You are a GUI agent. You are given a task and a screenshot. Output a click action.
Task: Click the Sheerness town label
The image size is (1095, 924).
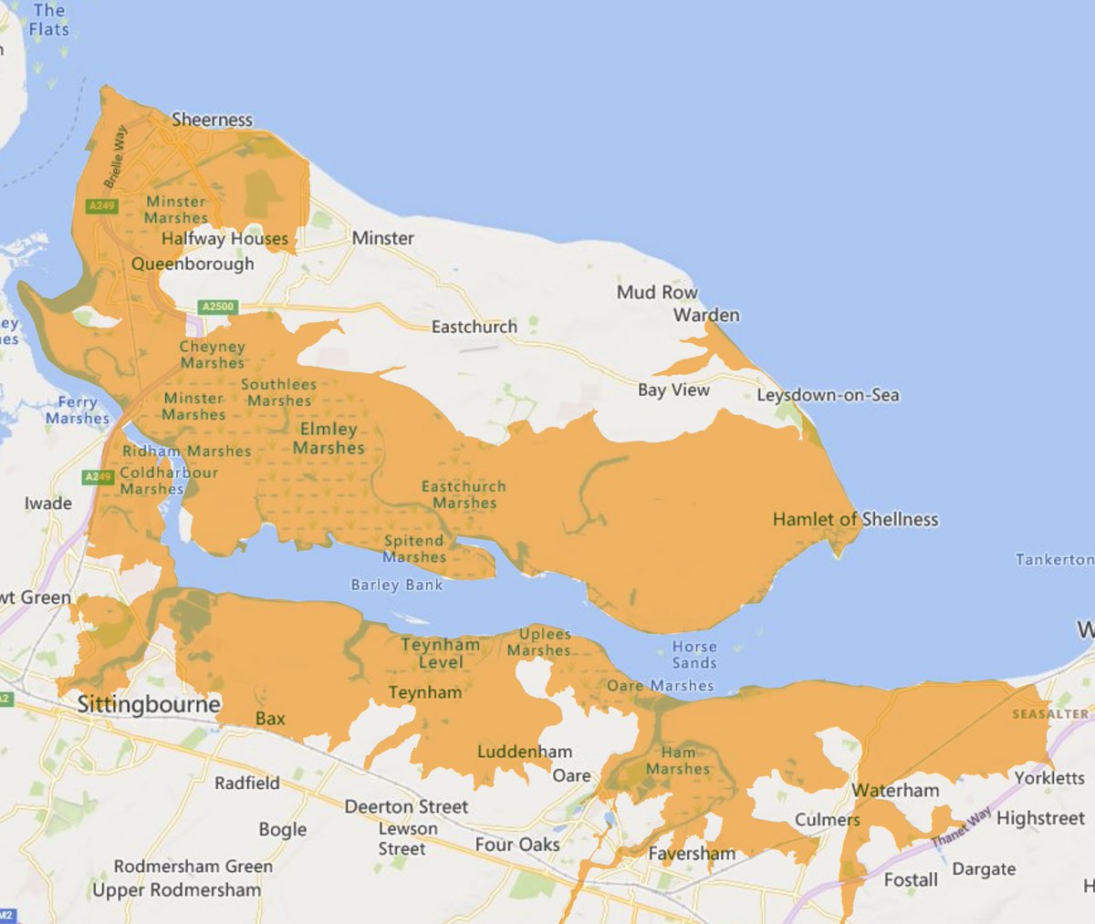(212, 119)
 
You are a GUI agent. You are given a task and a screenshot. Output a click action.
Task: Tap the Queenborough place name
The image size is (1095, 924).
(193, 264)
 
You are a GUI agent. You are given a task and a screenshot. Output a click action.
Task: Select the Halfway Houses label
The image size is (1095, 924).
(224, 239)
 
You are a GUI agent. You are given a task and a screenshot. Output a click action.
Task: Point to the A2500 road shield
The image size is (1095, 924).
(218, 306)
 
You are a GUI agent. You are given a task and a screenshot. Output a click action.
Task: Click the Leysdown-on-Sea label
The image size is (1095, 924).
(828, 395)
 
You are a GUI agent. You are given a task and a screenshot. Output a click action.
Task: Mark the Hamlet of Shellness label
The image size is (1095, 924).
(855, 519)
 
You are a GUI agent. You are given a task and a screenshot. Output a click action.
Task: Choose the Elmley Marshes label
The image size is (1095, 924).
(328, 439)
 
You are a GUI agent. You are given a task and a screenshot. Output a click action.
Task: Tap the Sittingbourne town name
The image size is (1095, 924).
(149, 704)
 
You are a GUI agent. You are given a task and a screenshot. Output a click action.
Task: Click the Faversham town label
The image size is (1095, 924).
(692, 854)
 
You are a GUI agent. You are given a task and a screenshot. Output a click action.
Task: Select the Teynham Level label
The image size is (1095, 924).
(440, 653)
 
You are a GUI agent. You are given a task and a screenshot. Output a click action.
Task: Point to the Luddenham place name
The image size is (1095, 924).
(525, 752)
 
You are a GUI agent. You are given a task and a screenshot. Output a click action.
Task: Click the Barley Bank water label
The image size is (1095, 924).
(397, 585)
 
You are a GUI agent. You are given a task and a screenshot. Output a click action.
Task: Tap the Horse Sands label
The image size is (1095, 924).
(694, 655)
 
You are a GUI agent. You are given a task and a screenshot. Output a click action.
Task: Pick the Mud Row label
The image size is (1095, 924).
(657, 292)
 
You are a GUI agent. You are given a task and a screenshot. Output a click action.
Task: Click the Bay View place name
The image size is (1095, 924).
(673, 389)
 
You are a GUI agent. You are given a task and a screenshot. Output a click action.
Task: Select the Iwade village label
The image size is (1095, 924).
(48, 503)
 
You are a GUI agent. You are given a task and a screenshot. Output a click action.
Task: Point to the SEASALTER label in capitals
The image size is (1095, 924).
(1049, 714)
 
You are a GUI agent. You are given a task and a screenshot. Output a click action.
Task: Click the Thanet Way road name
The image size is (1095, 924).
(960, 827)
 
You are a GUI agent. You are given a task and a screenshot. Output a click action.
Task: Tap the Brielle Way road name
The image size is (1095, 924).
(116, 157)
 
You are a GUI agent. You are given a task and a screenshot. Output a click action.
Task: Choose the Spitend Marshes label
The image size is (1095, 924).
(414, 549)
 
